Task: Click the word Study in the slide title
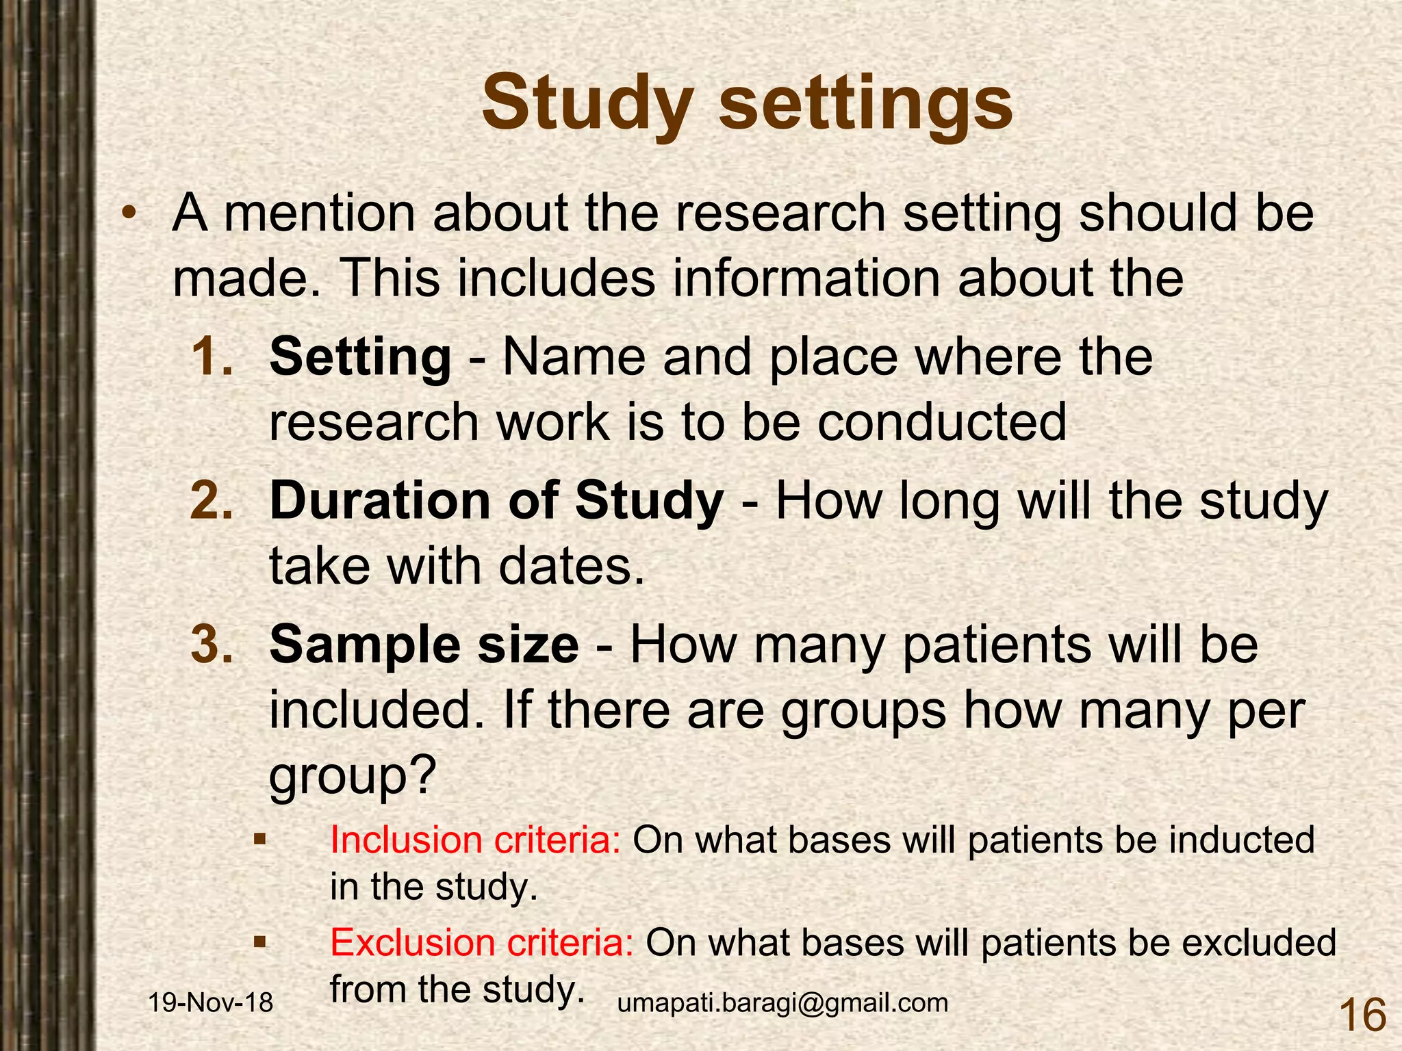587,105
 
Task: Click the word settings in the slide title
865,105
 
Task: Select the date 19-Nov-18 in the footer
211,1002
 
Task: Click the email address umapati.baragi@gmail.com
782,1002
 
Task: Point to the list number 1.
212,356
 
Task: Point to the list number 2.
212,500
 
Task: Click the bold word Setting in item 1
361,358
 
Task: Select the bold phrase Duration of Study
497,500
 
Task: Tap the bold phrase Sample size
424,645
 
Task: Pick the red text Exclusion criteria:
482,942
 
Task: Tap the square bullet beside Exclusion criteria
259,942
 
